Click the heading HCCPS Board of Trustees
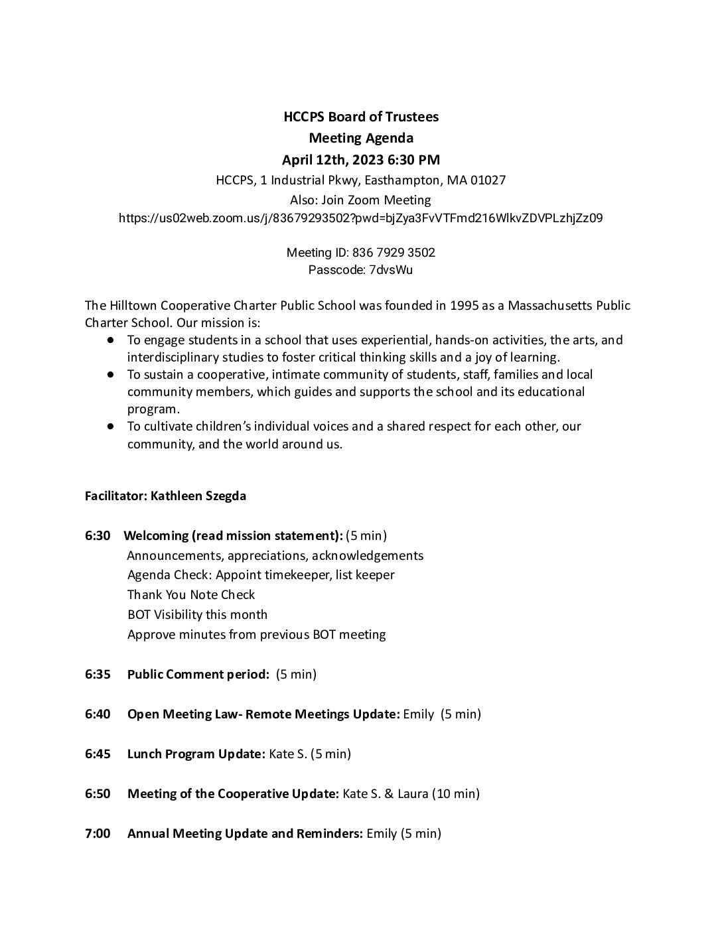click(x=361, y=117)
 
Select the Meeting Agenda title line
click(x=361, y=138)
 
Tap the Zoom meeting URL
click(x=360, y=218)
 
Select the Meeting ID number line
click(x=360, y=253)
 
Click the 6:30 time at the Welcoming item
click(x=98, y=535)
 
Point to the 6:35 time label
click(x=98, y=675)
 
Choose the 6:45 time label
click(x=98, y=754)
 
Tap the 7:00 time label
click(x=98, y=834)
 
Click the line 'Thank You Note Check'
click(x=191, y=595)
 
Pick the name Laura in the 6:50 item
click(x=413, y=794)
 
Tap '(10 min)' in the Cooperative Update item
click(x=456, y=794)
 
